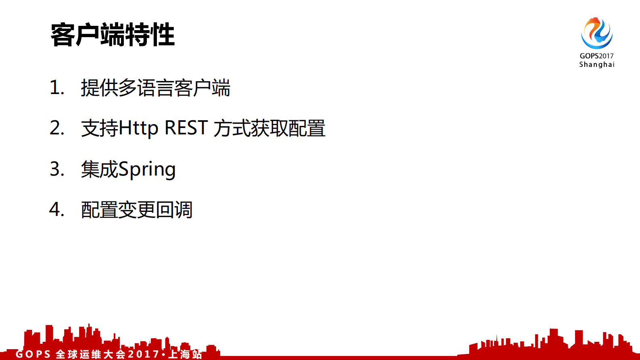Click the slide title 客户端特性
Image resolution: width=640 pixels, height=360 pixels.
click(x=113, y=35)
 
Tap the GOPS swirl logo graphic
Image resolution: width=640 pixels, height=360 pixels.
click(x=596, y=33)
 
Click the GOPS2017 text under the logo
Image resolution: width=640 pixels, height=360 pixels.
click(x=596, y=56)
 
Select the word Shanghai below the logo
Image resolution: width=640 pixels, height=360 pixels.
click(x=597, y=65)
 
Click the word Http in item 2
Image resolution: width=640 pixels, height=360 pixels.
click(x=138, y=128)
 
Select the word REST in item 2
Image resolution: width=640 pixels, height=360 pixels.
click(x=186, y=128)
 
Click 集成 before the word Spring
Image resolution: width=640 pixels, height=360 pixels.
click(x=99, y=169)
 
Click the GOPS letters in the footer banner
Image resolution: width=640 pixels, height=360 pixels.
click(x=33, y=354)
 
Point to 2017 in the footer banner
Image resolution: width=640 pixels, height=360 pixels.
click(x=144, y=354)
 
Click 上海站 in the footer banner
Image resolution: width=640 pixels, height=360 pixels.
click(x=185, y=354)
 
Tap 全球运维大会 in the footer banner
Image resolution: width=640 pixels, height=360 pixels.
click(x=91, y=354)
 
